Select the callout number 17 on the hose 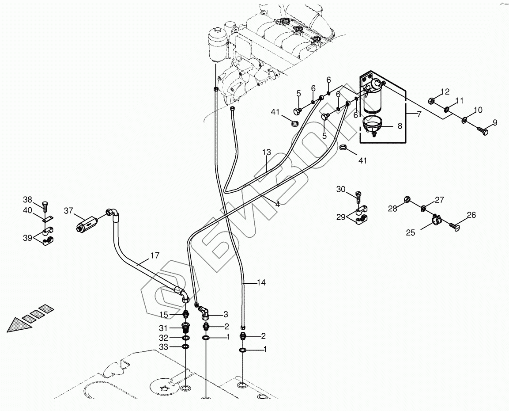click(155, 255)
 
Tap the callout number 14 click(262, 282)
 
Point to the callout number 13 click(266, 152)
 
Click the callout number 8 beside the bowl click(400, 126)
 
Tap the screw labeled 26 click(453, 226)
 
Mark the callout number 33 click(164, 347)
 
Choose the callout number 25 click(411, 232)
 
